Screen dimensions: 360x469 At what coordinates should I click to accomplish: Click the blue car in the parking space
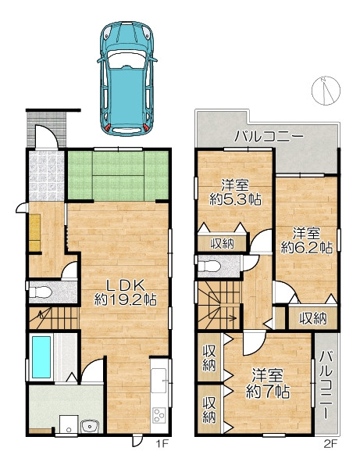tap(127, 78)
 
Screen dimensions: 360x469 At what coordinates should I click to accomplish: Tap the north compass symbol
tap(326, 91)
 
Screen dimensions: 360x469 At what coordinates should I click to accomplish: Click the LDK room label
tap(126, 285)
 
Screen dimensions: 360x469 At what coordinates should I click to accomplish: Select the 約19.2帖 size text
tap(126, 299)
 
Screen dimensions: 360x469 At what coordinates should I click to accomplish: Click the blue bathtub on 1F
tap(41, 357)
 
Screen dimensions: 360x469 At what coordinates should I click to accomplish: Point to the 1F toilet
tap(40, 292)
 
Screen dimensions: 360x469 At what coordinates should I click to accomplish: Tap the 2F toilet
tap(209, 266)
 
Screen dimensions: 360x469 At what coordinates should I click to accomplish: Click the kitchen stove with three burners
tap(159, 415)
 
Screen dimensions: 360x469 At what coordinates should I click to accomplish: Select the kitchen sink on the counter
tap(159, 380)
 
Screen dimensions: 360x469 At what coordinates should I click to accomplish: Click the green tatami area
tap(118, 175)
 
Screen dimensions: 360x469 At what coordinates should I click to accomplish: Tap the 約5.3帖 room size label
tap(235, 199)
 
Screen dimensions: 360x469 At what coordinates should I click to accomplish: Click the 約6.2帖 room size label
tap(307, 247)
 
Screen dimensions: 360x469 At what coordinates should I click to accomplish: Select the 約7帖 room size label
tap(268, 392)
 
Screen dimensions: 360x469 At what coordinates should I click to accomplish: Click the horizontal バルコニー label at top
tap(269, 137)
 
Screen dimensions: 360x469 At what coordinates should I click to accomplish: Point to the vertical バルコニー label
tap(326, 385)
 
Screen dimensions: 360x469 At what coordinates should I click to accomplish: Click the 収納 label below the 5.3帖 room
tap(223, 244)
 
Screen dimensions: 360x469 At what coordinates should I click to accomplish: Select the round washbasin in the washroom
tap(90, 426)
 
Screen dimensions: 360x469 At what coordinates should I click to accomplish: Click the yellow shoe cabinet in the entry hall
tap(34, 232)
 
